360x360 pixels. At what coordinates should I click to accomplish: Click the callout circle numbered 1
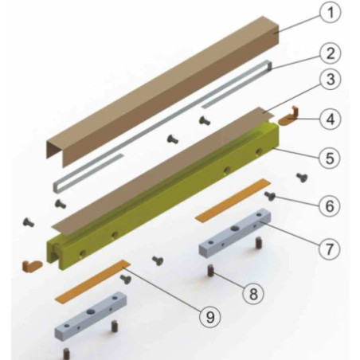pyautogui.click(x=330, y=12)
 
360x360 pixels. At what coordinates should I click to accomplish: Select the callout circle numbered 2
pyautogui.click(x=330, y=53)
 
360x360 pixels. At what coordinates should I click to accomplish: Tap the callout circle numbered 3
pyautogui.click(x=330, y=79)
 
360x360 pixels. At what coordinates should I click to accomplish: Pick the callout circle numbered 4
pyautogui.click(x=330, y=119)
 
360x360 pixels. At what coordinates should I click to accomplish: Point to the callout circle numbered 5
pyautogui.click(x=330, y=158)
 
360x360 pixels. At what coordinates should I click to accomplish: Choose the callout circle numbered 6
pyautogui.click(x=330, y=205)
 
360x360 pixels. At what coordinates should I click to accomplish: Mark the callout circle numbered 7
pyautogui.click(x=329, y=248)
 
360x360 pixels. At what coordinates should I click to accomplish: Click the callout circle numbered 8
pyautogui.click(x=253, y=294)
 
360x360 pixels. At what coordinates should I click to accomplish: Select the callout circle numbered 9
pyautogui.click(x=210, y=317)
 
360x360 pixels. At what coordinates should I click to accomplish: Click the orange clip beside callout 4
pyautogui.click(x=288, y=118)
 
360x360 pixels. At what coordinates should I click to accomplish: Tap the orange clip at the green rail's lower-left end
pyautogui.click(x=32, y=266)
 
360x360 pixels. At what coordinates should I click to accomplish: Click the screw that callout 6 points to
pyautogui.click(x=270, y=196)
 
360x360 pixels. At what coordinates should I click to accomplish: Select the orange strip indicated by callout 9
pyautogui.click(x=92, y=281)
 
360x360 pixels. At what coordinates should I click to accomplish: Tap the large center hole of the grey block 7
pyautogui.click(x=235, y=228)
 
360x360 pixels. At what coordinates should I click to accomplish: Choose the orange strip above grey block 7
pyautogui.click(x=233, y=200)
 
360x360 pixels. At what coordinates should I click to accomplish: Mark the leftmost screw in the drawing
pyautogui.click(x=29, y=222)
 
